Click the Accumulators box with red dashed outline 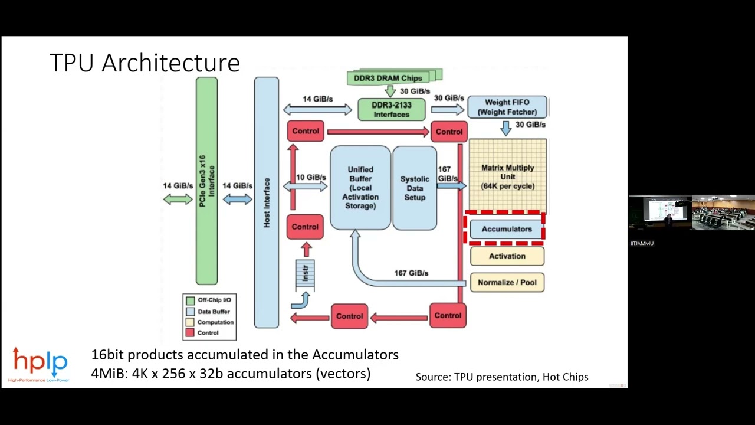(506, 229)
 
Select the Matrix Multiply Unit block (507, 176)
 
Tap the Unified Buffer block (360, 188)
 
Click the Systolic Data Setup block (415, 188)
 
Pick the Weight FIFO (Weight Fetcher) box (507, 107)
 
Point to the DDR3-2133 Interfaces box (391, 110)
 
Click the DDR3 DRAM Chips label (388, 78)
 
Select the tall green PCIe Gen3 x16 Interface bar (206, 181)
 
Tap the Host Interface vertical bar (266, 202)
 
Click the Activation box (507, 256)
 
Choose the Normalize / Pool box (507, 282)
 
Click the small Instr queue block (305, 274)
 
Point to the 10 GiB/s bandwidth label (311, 177)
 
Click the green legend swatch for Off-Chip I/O (190, 300)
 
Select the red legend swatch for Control (190, 333)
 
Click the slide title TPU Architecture (145, 63)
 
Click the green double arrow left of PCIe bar (178, 200)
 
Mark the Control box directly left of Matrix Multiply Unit (449, 132)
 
